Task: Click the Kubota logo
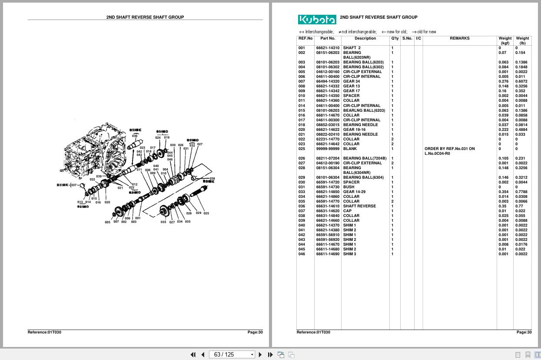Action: click(x=317, y=20)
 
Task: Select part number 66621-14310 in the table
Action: click(x=328, y=48)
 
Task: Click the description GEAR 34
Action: click(x=352, y=81)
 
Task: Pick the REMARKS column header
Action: click(x=459, y=38)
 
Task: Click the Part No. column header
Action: click(x=328, y=38)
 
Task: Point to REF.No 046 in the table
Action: click(x=302, y=254)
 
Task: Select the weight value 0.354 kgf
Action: click(x=503, y=192)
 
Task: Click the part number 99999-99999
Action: click(x=328, y=149)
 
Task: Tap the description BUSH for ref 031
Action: click(x=348, y=187)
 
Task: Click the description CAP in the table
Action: click(x=347, y=211)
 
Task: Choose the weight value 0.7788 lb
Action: click(x=521, y=192)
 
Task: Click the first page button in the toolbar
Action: click(x=193, y=354)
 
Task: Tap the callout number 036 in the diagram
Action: click(x=135, y=136)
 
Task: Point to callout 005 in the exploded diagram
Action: click(x=107, y=222)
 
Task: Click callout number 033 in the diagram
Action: click(x=163, y=222)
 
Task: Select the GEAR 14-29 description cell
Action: click(x=354, y=192)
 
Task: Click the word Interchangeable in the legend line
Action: click(x=319, y=32)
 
